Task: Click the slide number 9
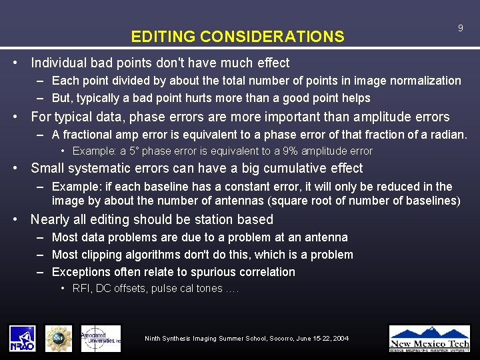(460, 28)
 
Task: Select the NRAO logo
(23, 338)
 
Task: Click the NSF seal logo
(59, 338)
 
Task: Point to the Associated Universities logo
(101, 338)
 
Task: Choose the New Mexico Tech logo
(429, 338)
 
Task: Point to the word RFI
(81, 289)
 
